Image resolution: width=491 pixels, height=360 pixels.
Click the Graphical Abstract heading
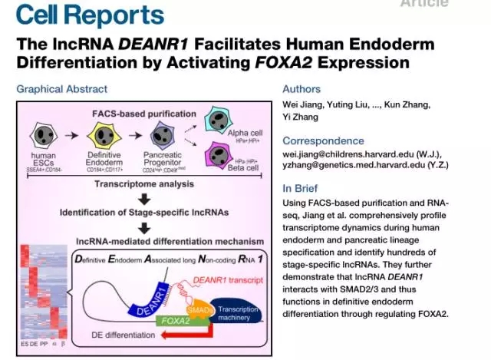tap(62, 89)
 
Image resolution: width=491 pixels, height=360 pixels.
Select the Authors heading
tap(302, 89)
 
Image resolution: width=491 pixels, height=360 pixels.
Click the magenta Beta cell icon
tap(216, 157)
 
